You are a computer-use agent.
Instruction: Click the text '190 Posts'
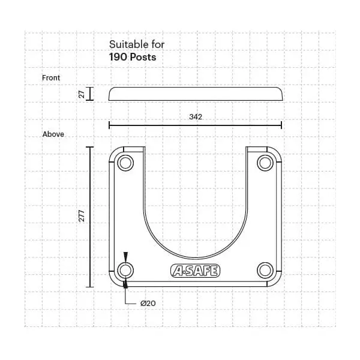click(132, 58)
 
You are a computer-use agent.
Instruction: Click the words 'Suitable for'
click(136, 44)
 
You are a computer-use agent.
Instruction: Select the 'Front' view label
click(51, 78)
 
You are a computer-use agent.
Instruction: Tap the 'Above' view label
click(53, 134)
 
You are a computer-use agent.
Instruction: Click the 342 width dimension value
click(195, 117)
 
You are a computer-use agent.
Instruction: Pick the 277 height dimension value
click(82, 217)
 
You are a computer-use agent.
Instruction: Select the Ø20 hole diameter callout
click(148, 304)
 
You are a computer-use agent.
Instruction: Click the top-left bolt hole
click(125, 163)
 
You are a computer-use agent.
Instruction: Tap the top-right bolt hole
click(265, 163)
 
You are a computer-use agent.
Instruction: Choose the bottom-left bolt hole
click(125, 269)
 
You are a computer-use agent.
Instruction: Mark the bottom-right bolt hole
click(265, 269)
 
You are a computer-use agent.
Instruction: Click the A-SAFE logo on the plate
click(195, 271)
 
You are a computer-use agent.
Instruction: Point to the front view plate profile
click(195, 94)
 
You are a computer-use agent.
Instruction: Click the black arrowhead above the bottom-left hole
click(125, 256)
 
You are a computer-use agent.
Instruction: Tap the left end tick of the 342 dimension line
click(109, 125)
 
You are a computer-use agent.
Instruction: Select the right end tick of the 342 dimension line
click(281, 125)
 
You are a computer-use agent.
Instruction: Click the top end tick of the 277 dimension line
click(90, 146)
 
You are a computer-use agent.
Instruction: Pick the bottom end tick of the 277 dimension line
click(90, 287)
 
